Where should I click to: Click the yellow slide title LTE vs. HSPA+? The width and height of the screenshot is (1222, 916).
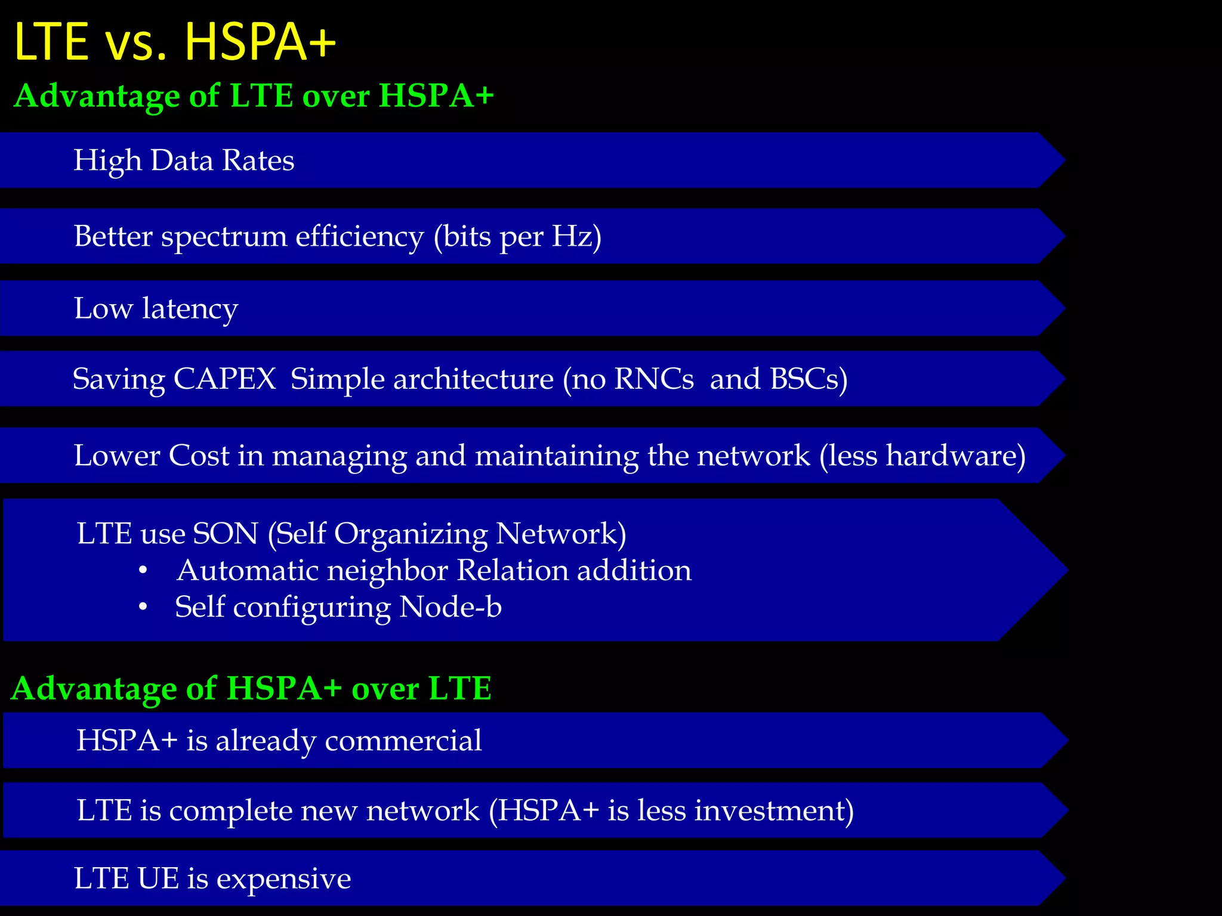coord(175,42)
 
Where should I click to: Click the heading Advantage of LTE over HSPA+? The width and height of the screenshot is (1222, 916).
coord(254,96)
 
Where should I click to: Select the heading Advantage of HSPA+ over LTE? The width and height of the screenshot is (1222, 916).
coord(251,688)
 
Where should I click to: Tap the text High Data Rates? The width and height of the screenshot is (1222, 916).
coord(184,160)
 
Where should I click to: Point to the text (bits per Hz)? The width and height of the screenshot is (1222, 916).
coord(517,237)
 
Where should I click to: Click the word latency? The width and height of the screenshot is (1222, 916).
coord(190,309)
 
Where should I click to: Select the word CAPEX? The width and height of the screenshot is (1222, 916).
coord(224,379)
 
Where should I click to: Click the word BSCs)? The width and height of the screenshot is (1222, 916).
coord(809,379)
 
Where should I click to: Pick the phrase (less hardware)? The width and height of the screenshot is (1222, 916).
coord(922,456)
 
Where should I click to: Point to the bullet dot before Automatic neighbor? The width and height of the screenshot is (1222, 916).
coord(143,571)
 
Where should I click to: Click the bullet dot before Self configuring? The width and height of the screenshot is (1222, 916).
coord(143,608)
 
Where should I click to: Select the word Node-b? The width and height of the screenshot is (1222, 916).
coord(450,607)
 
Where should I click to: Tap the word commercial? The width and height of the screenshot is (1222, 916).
coord(403,741)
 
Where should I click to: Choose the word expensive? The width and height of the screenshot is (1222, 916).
coord(283,878)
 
